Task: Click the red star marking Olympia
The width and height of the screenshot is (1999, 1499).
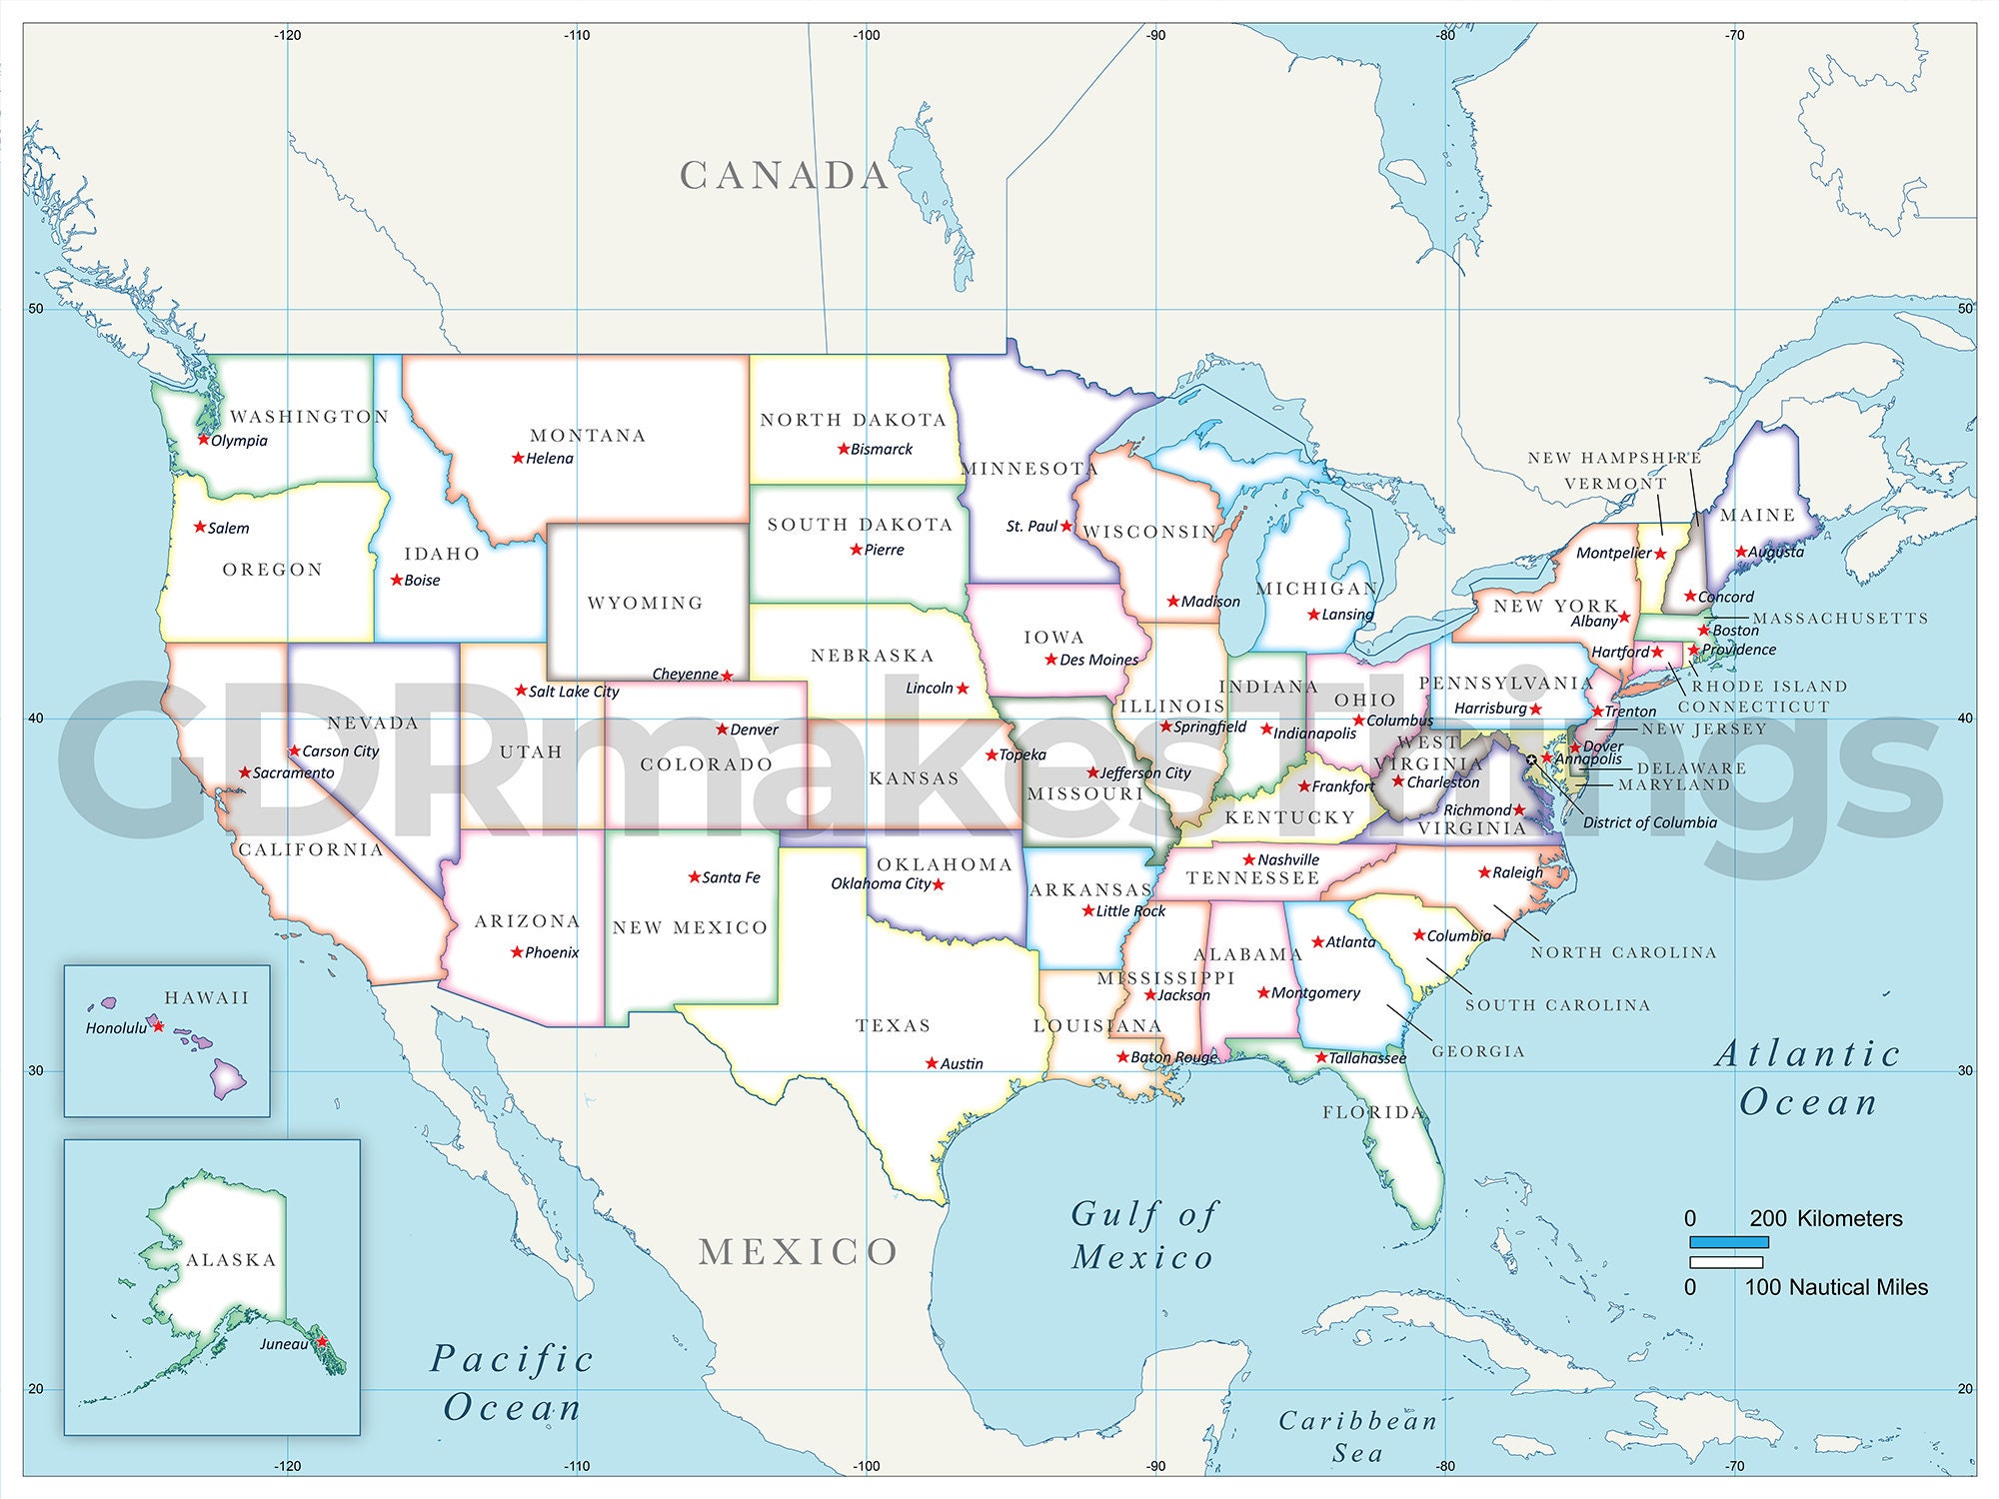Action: coord(204,439)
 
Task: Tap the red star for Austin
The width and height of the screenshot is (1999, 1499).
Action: coord(932,1063)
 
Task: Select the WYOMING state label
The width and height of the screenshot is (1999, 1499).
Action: coord(645,603)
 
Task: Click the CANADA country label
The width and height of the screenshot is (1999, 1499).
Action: coord(785,176)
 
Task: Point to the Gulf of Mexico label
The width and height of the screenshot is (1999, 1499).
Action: coord(1143,1235)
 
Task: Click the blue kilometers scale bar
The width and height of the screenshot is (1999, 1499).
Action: coord(1729,1242)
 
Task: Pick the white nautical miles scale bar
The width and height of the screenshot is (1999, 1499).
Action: coord(1726,1262)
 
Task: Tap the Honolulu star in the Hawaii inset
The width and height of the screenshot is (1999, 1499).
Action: coord(158,1026)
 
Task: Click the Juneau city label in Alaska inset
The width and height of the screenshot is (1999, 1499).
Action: coord(284,1344)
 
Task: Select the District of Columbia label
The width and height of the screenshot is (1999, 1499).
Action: coord(1649,822)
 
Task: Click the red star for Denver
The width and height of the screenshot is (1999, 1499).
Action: coord(722,730)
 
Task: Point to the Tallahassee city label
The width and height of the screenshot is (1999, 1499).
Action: coord(1367,1058)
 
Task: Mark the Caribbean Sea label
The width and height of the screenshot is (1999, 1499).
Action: coord(1357,1436)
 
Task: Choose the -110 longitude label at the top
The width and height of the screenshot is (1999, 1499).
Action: coord(577,35)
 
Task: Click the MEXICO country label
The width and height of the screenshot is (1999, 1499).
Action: coord(798,1252)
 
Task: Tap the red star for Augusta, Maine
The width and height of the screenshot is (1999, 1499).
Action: coord(1741,552)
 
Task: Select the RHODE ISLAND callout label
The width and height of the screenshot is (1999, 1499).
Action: coord(1769,687)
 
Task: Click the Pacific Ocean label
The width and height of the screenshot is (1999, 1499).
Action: coord(513,1383)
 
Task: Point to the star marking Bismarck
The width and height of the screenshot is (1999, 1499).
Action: coord(844,449)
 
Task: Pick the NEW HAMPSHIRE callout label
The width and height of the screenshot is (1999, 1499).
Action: coord(1614,458)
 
